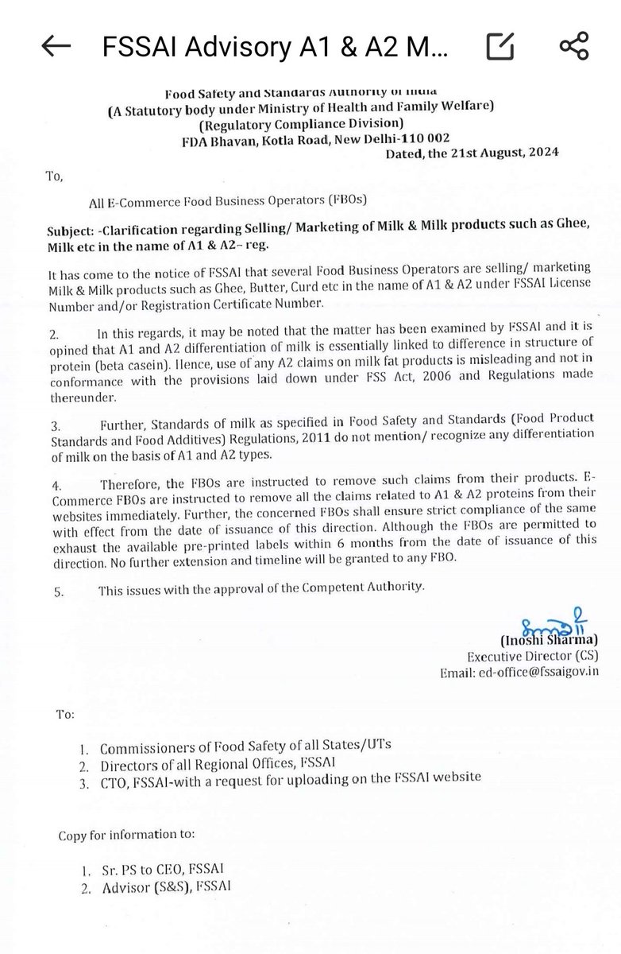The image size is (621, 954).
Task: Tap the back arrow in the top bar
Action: point(57,48)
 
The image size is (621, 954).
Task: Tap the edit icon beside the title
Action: point(499,48)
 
